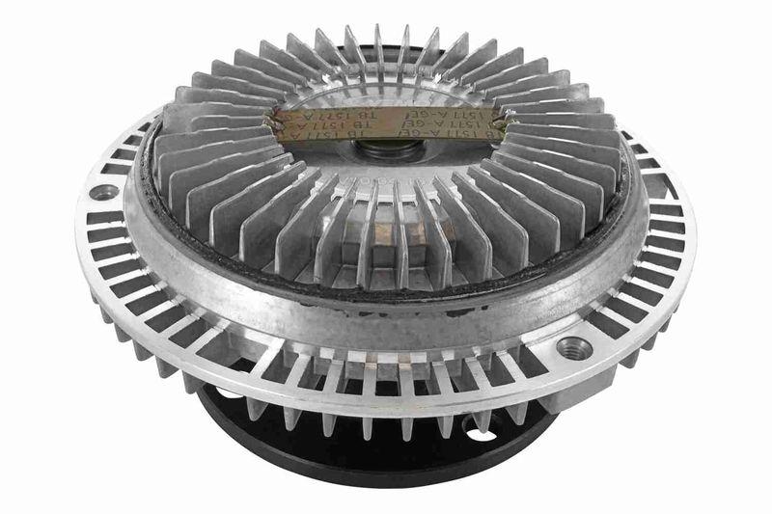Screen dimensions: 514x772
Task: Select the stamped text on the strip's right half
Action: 450,123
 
